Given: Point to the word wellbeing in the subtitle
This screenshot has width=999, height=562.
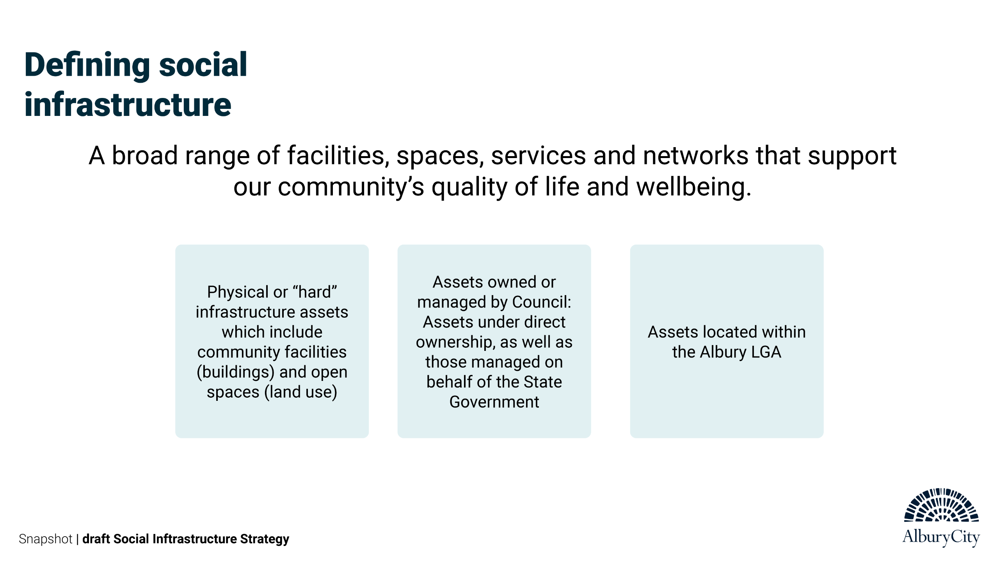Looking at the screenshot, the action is point(694,187).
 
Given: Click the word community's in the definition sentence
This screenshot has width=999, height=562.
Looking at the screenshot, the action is point(351,188).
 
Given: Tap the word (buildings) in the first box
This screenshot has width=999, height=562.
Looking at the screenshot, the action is point(236,372).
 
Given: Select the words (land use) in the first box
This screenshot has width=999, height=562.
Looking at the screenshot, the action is point(301,392).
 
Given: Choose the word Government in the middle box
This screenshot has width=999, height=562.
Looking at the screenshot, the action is point(494,402).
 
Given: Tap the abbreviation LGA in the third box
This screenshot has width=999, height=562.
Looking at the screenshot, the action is point(766,352).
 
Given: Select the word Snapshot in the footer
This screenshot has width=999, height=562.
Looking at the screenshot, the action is point(45,539).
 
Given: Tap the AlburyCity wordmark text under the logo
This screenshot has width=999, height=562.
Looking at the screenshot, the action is point(941,537).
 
